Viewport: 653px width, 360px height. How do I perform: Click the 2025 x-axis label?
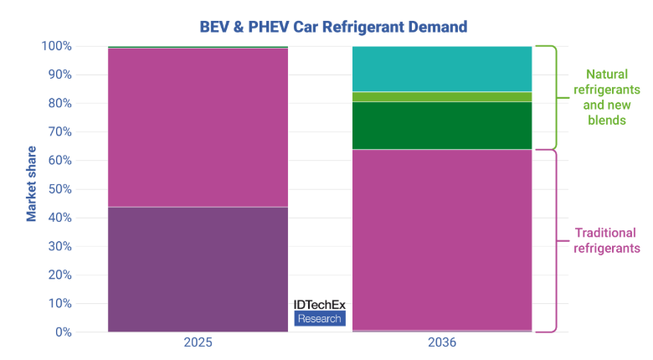point(198,343)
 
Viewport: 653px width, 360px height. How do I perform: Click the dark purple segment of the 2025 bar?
point(198,269)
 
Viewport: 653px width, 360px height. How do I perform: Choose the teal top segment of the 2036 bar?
point(442,69)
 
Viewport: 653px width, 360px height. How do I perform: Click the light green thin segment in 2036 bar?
point(442,96)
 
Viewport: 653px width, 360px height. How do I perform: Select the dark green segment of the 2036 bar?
point(442,126)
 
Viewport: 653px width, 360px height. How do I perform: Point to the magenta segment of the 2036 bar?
point(442,239)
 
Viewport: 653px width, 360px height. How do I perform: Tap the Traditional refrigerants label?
point(606,240)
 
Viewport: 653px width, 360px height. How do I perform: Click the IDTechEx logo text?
point(319,306)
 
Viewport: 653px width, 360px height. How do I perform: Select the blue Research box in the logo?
point(319,319)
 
